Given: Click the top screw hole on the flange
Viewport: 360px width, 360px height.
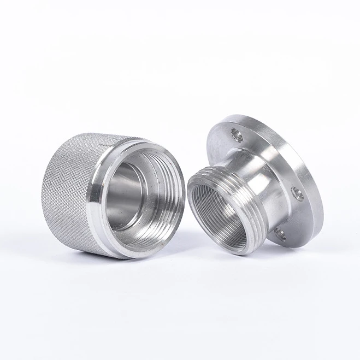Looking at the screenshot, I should click(x=235, y=132).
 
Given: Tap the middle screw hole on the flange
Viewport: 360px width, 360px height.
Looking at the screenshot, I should click(x=297, y=192).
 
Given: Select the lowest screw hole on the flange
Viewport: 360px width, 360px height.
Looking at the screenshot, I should click(x=280, y=233).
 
